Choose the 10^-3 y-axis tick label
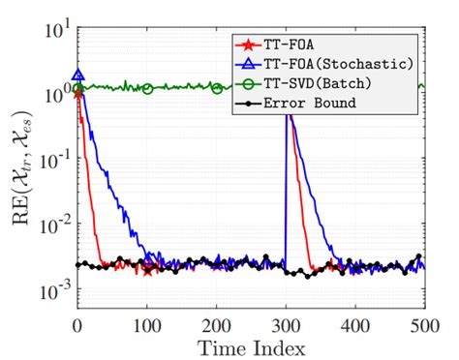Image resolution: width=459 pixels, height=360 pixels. [x=50, y=288]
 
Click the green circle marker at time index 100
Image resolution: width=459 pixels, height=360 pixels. [x=147, y=88]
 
